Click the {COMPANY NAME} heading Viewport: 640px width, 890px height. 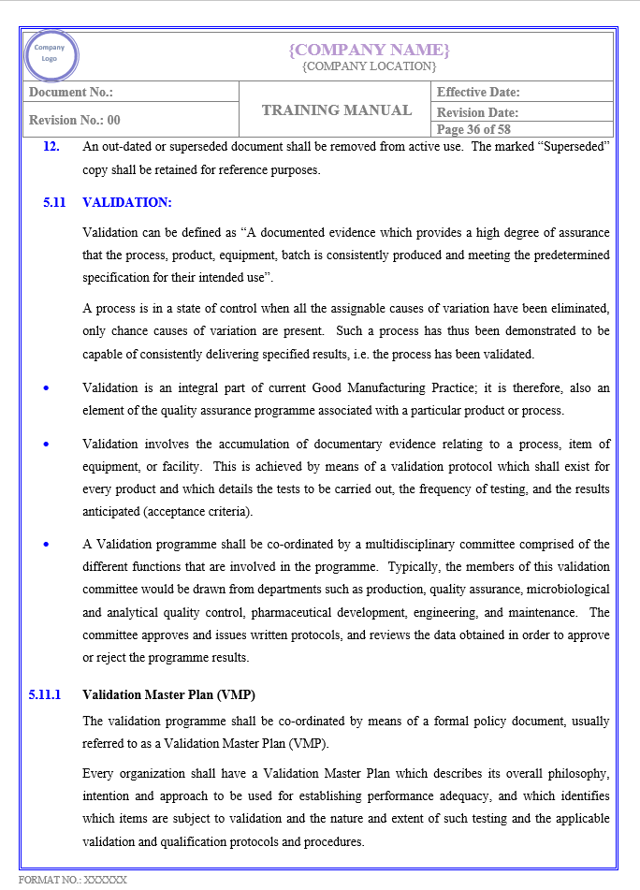click(370, 50)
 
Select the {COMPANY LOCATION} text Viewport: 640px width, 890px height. click(370, 66)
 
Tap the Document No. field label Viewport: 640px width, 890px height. click(71, 92)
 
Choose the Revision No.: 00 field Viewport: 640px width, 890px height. click(75, 120)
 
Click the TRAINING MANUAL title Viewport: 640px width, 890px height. click(337, 110)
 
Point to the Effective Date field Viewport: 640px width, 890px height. click(478, 92)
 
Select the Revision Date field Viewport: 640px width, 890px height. click(477, 112)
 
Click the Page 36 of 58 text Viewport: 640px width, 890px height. click(473, 129)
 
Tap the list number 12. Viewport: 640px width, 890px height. click(51, 146)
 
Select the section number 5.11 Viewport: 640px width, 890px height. click(54, 202)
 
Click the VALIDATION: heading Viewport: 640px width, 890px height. click(127, 202)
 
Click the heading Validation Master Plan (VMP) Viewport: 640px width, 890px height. click(169, 694)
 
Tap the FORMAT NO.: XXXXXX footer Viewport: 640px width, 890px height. click(73, 880)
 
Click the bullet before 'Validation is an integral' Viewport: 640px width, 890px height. click(47, 387)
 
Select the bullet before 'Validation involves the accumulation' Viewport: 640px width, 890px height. click(47, 444)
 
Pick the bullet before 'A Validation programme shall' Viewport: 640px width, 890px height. click(47, 544)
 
